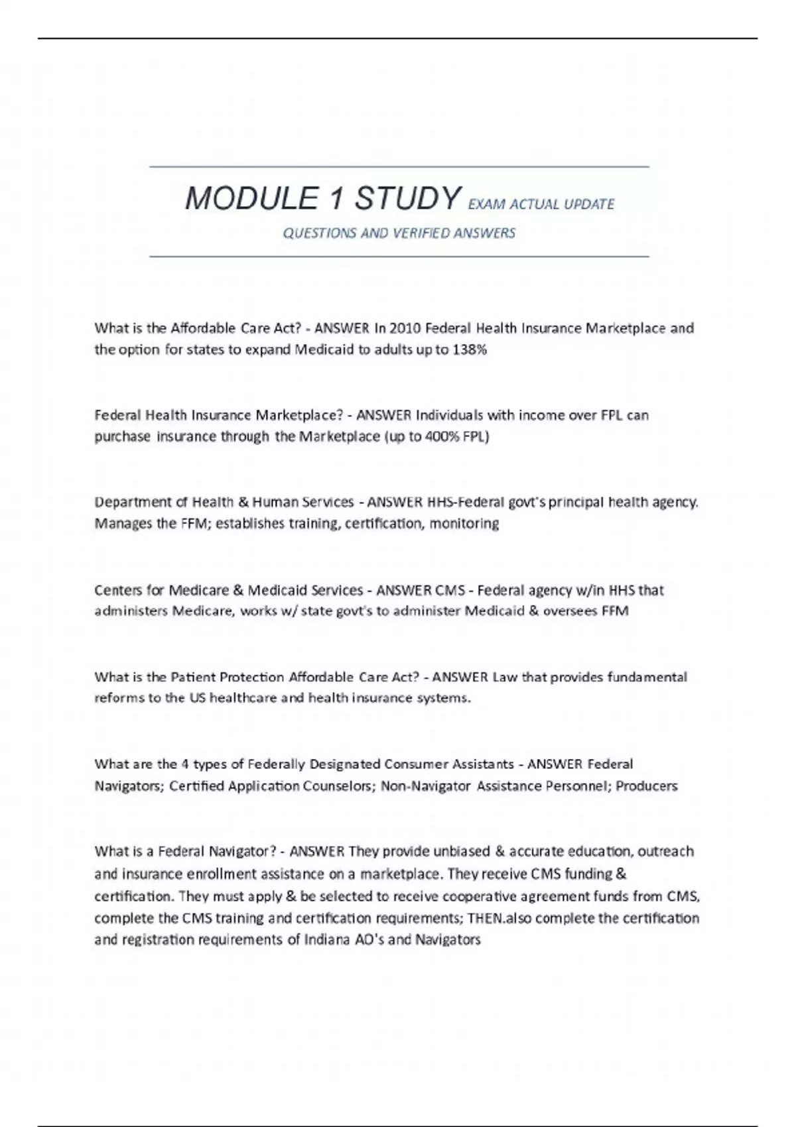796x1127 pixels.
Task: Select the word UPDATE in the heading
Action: [x=589, y=204]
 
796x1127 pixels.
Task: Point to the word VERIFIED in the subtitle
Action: [x=420, y=233]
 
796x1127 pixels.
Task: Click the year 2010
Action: [x=405, y=328]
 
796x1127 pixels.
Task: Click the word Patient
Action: [x=192, y=677]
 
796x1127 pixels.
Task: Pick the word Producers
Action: [x=647, y=786]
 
